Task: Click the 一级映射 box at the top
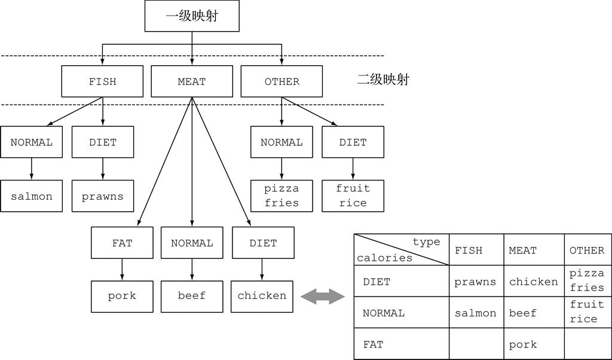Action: click(192, 16)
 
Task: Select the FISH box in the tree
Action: click(102, 81)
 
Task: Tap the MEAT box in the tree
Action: click(192, 81)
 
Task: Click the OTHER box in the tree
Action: click(281, 81)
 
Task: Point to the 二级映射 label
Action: click(383, 80)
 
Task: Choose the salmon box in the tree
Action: click(31, 196)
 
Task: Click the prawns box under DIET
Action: click(102, 196)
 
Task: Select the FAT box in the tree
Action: click(122, 243)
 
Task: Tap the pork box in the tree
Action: click(122, 296)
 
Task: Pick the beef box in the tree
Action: click(192, 296)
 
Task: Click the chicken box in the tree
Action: click(262, 296)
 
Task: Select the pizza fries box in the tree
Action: click(281, 196)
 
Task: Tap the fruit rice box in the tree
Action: click(353, 196)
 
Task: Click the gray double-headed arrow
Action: click(323, 296)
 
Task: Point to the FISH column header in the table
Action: click(469, 251)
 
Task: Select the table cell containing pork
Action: click(522, 344)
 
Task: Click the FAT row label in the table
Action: click(373, 344)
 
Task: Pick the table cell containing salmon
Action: click(475, 313)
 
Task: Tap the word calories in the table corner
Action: click(384, 258)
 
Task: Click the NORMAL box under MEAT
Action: click(192, 243)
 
